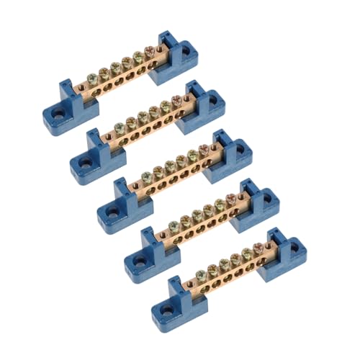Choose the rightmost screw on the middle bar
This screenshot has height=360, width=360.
[x=203, y=148]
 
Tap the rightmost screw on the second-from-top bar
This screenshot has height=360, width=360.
[x=176, y=99]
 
